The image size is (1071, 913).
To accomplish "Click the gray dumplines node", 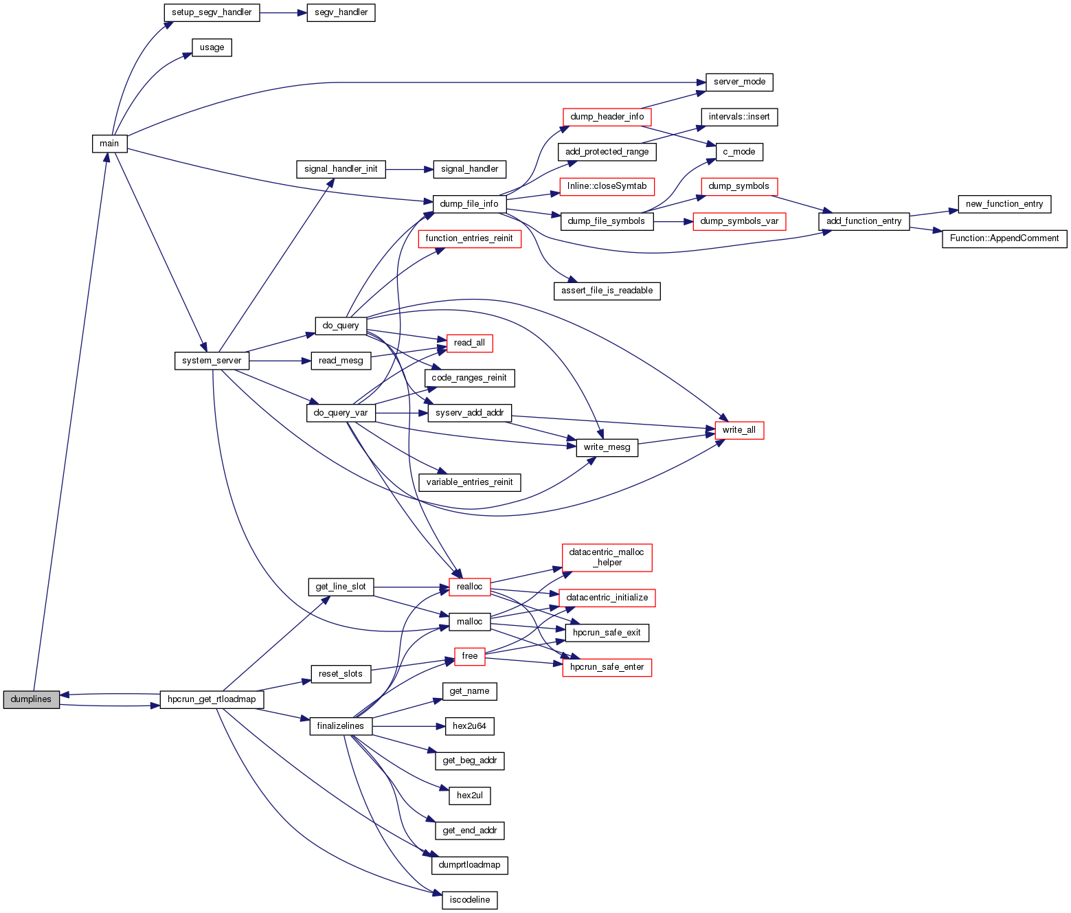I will (32, 699).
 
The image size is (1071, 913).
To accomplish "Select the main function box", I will (109, 144).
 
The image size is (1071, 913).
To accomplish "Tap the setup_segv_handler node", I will (212, 12).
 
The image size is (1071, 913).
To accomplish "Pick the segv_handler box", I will (341, 12).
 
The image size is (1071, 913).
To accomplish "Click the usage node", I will (212, 47).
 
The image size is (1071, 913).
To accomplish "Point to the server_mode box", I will (739, 82).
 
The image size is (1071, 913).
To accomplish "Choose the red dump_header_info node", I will (607, 117).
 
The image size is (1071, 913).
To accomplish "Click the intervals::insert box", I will (739, 117).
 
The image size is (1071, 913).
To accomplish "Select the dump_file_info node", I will (469, 204).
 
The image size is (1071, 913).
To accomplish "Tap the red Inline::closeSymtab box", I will (607, 186).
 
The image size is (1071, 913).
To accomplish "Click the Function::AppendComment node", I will (1004, 238).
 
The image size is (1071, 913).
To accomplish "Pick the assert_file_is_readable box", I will (607, 291).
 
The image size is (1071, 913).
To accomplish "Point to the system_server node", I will (212, 361).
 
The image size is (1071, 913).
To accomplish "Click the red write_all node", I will (739, 430).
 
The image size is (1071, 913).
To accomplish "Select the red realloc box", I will (469, 587).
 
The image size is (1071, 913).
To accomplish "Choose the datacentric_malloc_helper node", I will (607, 557).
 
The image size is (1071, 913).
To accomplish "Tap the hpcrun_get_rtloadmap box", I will (212, 699).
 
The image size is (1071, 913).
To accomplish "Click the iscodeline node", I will (469, 900).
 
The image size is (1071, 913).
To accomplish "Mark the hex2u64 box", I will (469, 726).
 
